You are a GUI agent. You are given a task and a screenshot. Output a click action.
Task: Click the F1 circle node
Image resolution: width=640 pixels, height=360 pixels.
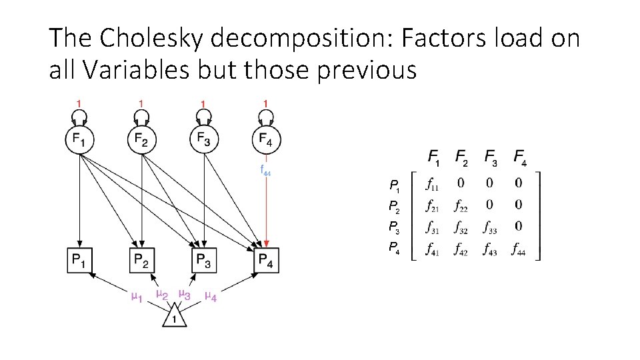point(79,140)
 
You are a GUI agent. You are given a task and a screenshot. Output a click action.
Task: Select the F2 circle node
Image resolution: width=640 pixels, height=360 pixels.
point(141,140)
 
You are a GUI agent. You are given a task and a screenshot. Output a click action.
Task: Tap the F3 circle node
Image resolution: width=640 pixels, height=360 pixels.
point(203,140)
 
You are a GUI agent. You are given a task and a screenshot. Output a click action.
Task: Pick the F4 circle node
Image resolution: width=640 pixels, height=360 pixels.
point(266,140)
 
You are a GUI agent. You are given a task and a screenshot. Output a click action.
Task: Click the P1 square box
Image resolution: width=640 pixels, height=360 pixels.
point(79,259)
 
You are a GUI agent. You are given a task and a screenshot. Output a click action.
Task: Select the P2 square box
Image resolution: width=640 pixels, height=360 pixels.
point(141,259)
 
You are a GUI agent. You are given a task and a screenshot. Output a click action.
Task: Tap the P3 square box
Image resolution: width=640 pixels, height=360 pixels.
point(203,259)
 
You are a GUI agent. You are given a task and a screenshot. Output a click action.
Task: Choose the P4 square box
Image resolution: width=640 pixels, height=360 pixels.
point(266,259)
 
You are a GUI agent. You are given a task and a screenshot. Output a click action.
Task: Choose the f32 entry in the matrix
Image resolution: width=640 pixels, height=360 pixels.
point(460,229)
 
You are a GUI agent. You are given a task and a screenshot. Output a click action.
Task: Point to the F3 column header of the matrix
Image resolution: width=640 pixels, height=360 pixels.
point(490,159)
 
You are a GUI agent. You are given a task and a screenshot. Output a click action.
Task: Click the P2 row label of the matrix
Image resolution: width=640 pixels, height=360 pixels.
point(394,206)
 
